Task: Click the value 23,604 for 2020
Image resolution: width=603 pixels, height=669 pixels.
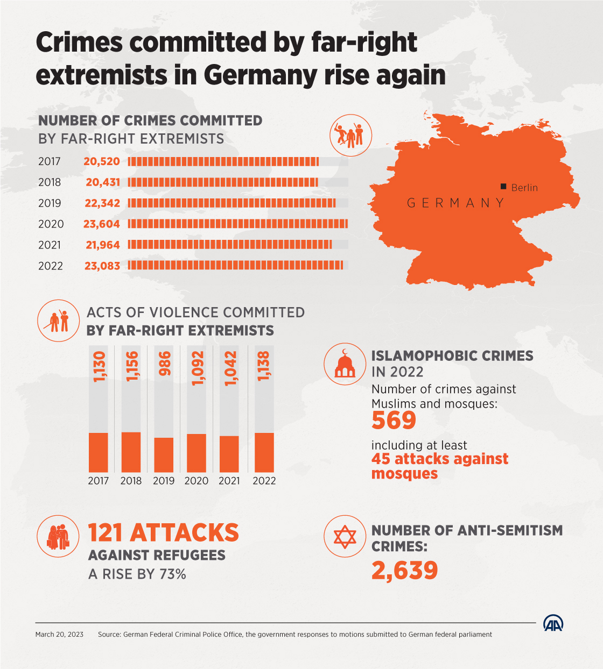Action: tap(102, 224)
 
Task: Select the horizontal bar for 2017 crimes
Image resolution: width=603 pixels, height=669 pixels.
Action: tap(223, 161)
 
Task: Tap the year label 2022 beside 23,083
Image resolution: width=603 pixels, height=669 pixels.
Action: tap(51, 266)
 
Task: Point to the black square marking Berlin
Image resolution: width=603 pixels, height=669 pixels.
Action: tap(503, 187)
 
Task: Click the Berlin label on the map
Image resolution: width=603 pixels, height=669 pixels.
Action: tap(524, 188)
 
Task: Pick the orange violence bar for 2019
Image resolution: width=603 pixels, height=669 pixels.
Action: tap(164, 454)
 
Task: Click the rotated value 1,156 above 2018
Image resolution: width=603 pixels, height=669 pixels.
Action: tap(131, 366)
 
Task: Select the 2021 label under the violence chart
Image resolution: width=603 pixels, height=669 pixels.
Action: tap(229, 481)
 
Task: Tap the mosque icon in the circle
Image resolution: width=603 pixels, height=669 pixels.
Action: tap(345, 364)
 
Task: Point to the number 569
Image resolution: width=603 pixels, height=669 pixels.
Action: tap(394, 421)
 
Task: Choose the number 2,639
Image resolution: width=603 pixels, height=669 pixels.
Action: tap(405, 571)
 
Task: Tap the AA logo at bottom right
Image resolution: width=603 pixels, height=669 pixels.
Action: tap(553, 623)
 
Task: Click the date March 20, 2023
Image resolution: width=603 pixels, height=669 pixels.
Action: tap(59, 635)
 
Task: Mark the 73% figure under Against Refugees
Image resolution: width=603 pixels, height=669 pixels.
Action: tap(173, 574)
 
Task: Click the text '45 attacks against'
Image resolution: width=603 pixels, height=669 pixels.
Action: tap(440, 459)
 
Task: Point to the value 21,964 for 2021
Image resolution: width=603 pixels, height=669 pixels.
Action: tap(103, 245)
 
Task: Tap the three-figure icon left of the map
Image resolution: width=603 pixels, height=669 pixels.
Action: tap(350, 136)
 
